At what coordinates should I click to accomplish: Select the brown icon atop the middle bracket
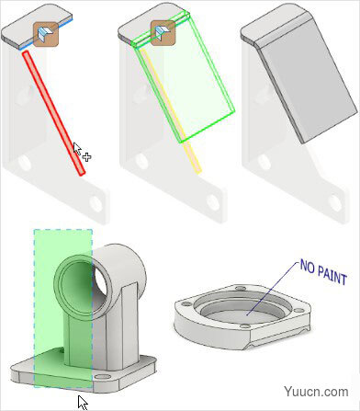(162, 35)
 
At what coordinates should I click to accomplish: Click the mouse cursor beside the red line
(80, 151)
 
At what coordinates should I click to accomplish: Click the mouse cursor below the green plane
(83, 401)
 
